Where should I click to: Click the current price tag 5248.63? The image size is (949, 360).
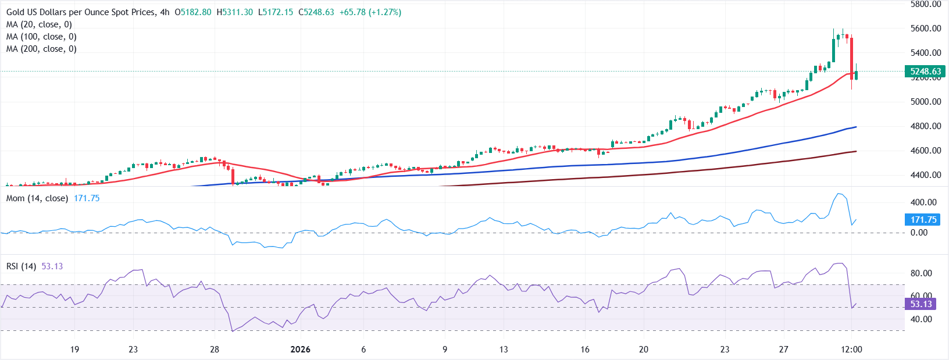[x=925, y=72]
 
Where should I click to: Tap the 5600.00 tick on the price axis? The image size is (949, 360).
[x=926, y=28]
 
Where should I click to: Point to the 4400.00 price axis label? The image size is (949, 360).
[x=926, y=174]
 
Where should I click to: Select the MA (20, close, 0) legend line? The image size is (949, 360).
[x=39, y=24]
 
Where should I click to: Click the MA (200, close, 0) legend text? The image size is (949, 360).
[x=41, y=49]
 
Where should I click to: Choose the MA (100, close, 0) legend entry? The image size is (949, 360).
[x=41, y=37]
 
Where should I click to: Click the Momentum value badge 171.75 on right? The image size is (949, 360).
[x=923, y=219]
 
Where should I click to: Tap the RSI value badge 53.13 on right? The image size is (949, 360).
[x=921, y=304]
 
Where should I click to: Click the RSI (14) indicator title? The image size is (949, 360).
[x=21, y=266]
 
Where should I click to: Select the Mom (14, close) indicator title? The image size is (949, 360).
[x=37, y=198]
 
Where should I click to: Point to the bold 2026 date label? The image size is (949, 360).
[x=300, y=350]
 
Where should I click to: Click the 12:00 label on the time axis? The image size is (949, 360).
[x=851, y=350]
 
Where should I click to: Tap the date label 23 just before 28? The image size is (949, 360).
[x=133, y=350]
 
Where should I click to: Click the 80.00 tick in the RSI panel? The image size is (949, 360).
[x=921, y=273]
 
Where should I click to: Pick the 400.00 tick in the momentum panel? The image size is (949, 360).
[x=923, y=202]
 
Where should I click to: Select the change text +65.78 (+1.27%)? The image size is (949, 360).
[x=370, y=12]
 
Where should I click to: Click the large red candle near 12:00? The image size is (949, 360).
[x=852, y=58]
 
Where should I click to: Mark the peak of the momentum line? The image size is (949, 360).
[x=838, y=194]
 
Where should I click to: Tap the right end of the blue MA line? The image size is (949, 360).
[x=856, y=127]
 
